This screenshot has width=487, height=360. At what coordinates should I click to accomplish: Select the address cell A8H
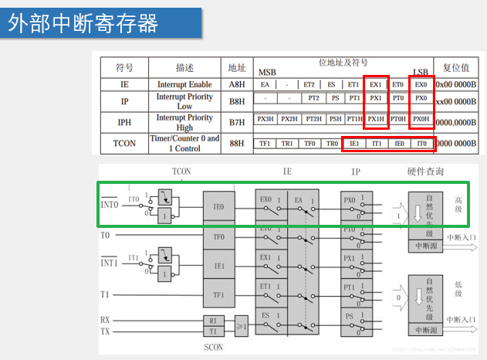[x=232, y=84]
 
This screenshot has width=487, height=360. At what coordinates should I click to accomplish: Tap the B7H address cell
[x=232, y=122]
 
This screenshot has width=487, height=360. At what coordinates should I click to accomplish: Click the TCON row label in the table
[x=124, y=143]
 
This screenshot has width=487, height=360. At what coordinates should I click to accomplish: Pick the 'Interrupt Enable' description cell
[x=184, y=84]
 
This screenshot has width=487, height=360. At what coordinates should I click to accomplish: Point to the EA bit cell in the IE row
[x=265, y=83]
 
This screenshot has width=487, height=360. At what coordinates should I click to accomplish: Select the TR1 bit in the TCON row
[x=287, y=144]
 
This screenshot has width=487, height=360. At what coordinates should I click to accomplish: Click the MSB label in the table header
[x=267, y=72]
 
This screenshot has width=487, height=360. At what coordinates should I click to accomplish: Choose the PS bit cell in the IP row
[x=335, y=99]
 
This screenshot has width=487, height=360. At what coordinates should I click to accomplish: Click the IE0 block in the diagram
[x=218, y=206]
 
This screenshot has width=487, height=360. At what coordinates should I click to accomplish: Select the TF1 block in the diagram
[x=218, y=294]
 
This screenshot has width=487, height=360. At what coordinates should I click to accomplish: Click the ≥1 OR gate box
[x=242, y=324]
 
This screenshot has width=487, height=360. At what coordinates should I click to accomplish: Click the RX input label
[x=105, y=319]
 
